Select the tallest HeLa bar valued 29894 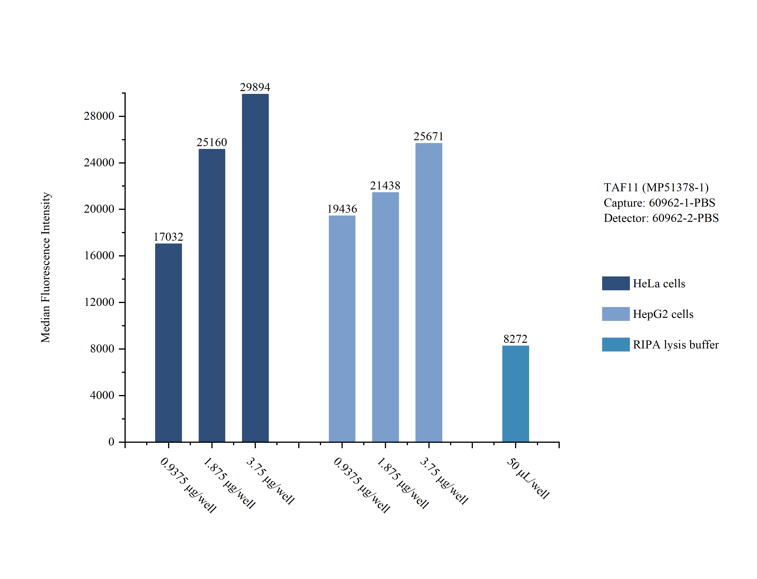coord(255,268)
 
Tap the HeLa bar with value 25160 coord(212,295)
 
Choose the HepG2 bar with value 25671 coord(428,292)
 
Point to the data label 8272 coord(515,339)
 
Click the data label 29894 coord(255,87)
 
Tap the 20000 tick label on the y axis coord(99,209)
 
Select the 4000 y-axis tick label coord(102,395)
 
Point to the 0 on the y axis coord(111,442)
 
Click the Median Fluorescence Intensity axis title coord(46,268)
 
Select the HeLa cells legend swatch coord(616,283)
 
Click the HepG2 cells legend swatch coord(616,314)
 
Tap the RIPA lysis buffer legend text coord(676,345)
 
